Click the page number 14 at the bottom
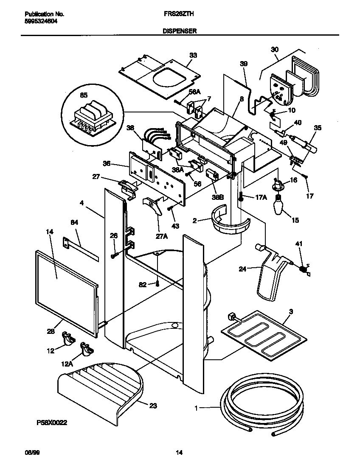click(179, 453)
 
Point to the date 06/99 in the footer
click(27, 453)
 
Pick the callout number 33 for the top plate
click(193, 56)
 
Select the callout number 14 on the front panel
click(50, 232)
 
